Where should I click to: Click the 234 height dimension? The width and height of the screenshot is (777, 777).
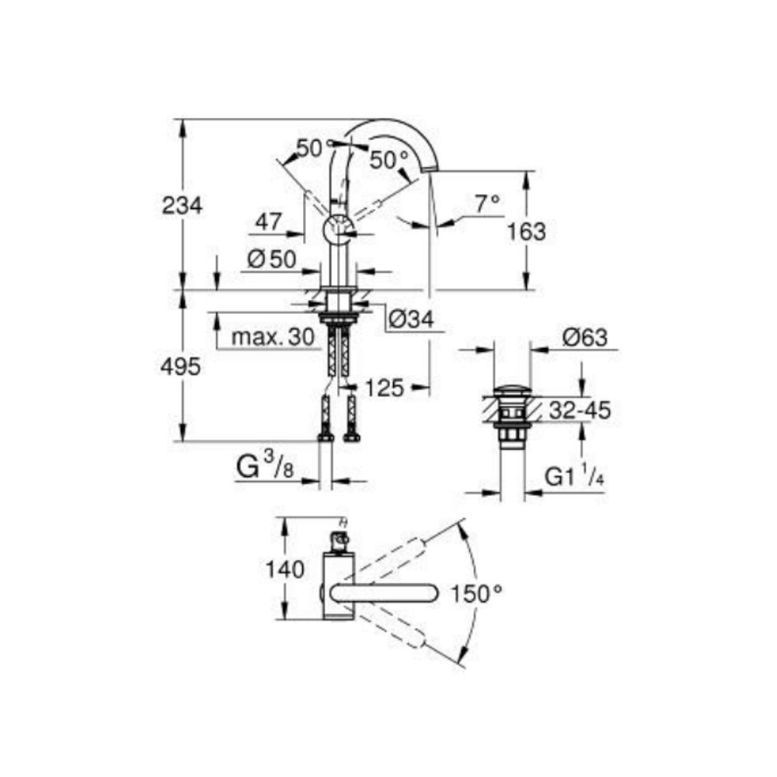(183, 205)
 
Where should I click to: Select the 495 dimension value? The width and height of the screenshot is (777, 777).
(181, 368)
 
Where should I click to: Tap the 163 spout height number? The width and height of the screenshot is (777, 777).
(526, 232)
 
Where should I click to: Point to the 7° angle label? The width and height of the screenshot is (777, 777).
(487, 204)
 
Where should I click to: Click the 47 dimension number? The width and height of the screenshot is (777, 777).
(269, 221)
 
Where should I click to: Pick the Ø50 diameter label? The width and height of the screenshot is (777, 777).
(271, 259)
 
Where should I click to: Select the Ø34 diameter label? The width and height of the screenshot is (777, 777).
(411, 319)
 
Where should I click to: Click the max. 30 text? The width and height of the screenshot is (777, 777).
(273, 337)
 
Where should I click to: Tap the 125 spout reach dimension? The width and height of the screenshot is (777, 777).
(385, 388)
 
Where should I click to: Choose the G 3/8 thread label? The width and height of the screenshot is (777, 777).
(265, 466)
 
